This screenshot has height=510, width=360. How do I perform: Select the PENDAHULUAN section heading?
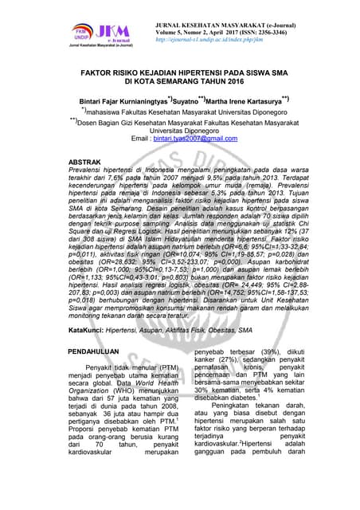[93, 351]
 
